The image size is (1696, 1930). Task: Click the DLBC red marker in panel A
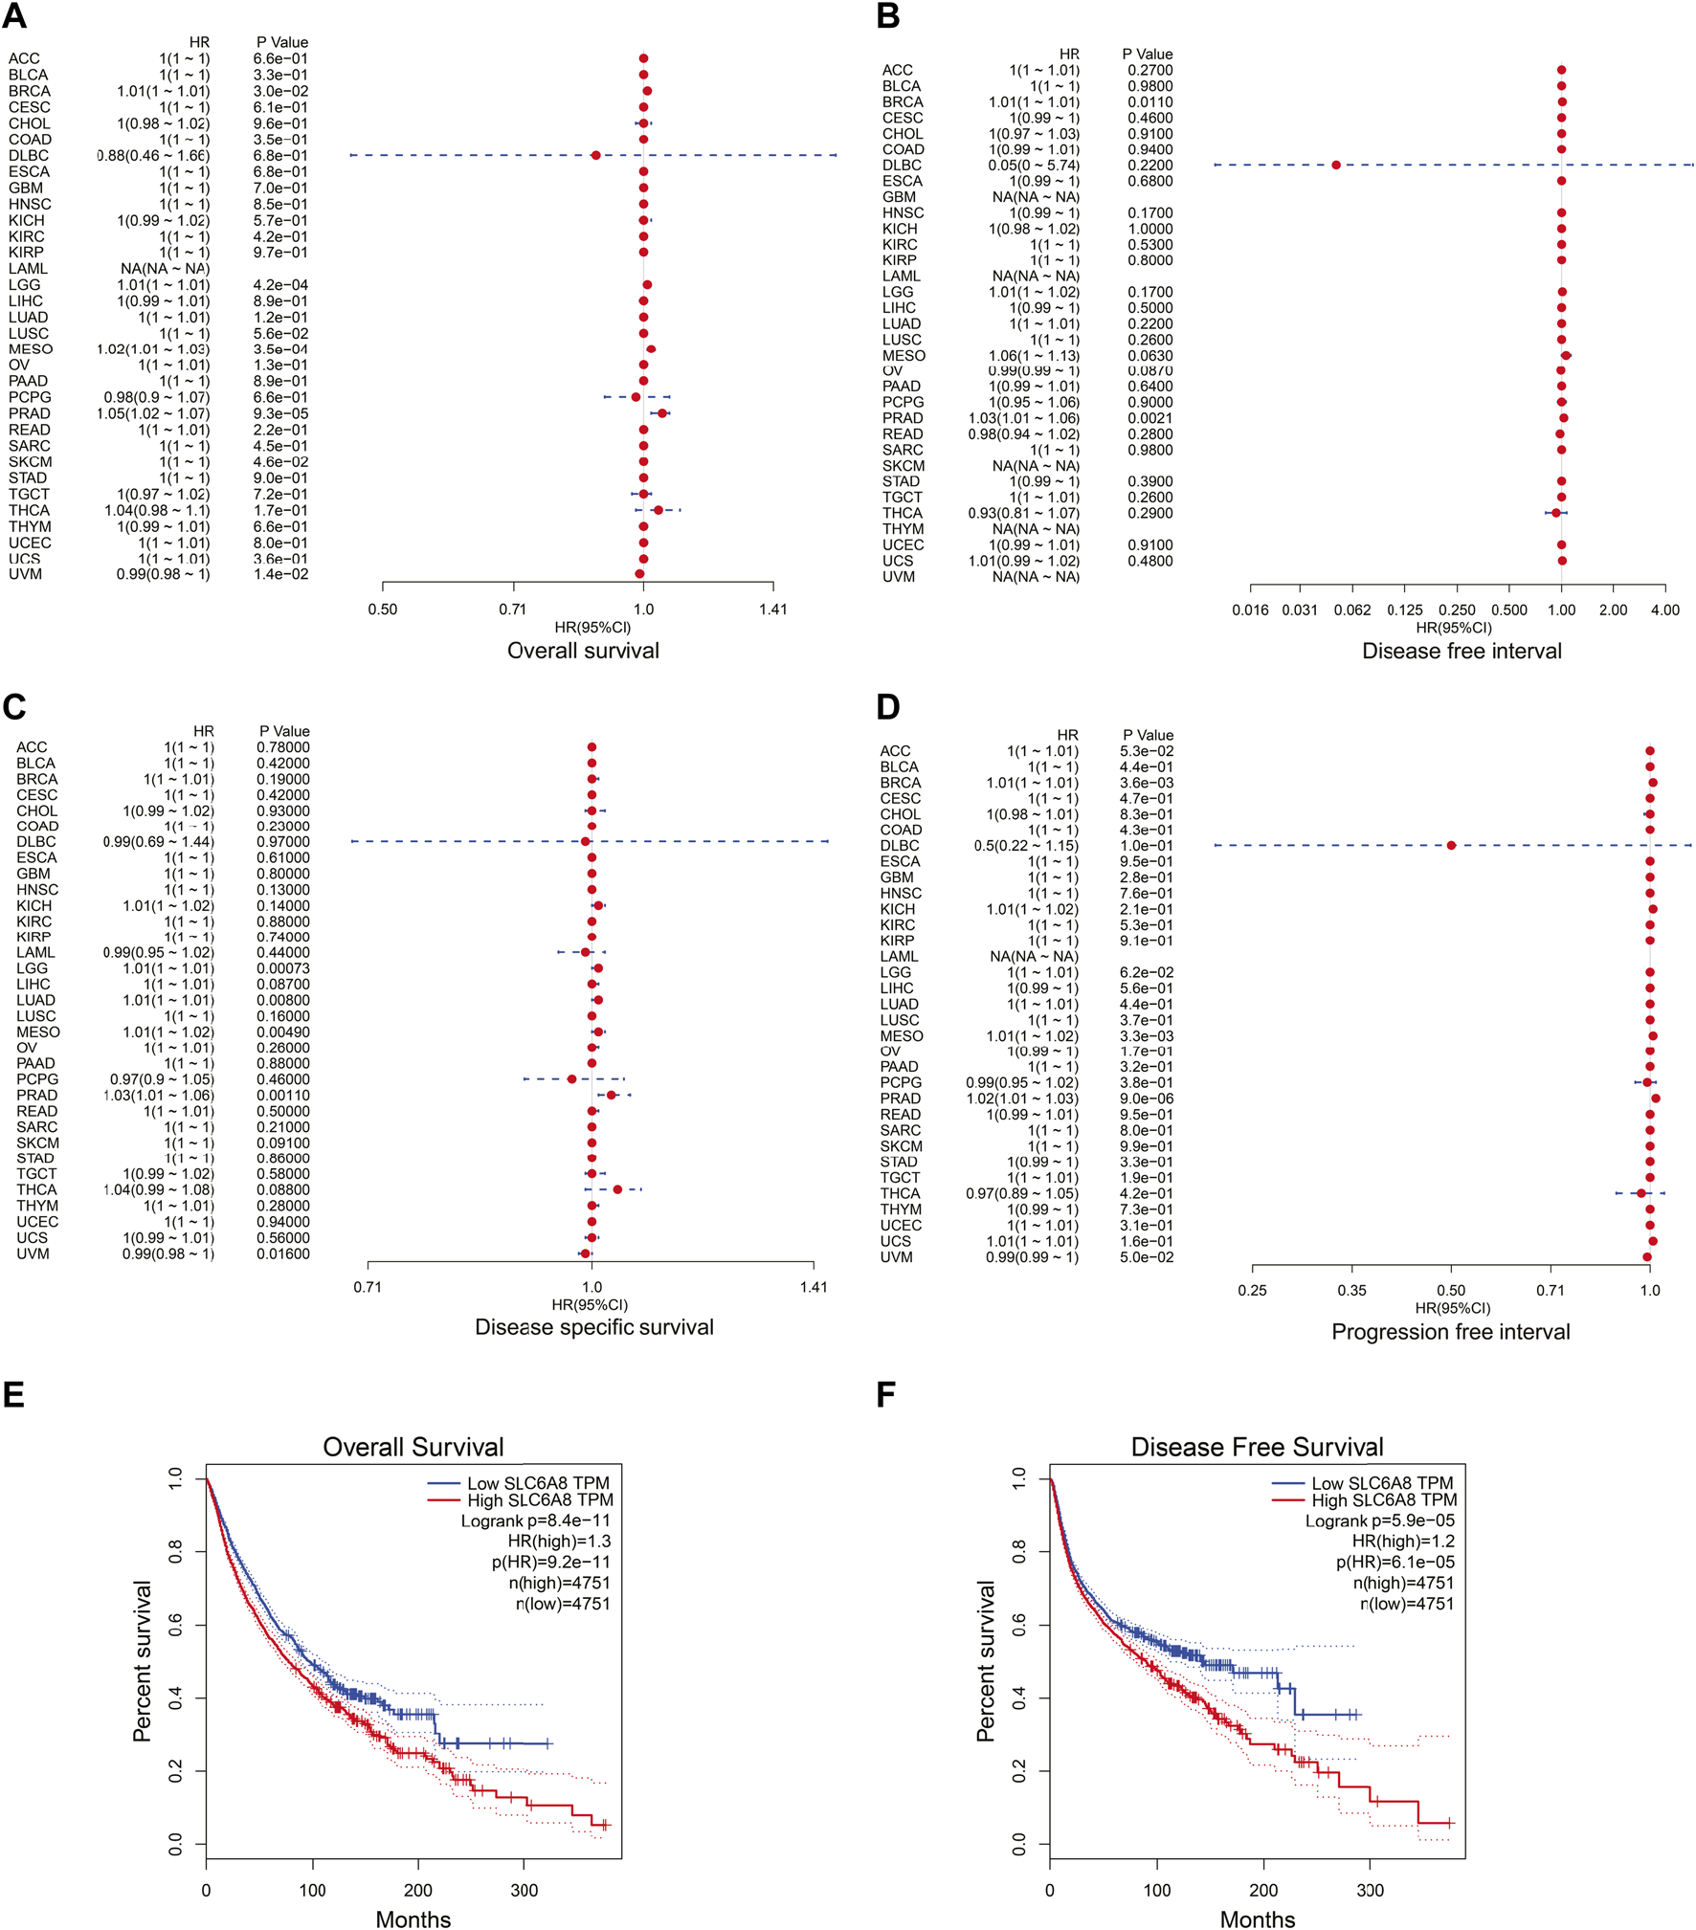595,155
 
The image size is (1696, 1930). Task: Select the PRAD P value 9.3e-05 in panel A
280,413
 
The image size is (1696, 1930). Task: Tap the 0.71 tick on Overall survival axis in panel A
513,610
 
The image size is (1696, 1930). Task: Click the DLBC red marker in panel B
1335,165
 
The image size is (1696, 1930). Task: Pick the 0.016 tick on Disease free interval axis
1250,610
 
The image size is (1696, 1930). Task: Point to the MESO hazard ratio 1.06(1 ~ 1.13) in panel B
1034,356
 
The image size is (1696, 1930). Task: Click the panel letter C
13,707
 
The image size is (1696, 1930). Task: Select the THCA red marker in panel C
617,1189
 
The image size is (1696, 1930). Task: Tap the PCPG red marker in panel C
572,1079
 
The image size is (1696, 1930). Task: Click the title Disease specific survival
593,1327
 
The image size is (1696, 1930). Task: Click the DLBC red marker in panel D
1451,845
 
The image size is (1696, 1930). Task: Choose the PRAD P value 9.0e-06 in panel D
1146,1098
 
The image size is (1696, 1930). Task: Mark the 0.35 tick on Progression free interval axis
1351,1291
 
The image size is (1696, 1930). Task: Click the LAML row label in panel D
899,957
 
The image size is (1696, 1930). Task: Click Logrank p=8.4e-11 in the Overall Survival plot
535,1520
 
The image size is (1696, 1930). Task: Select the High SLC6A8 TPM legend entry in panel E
540,1499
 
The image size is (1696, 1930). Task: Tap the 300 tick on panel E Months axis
524,1891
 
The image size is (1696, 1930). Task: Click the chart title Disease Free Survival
1257,1447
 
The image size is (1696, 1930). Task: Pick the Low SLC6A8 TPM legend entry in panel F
1381,1483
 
